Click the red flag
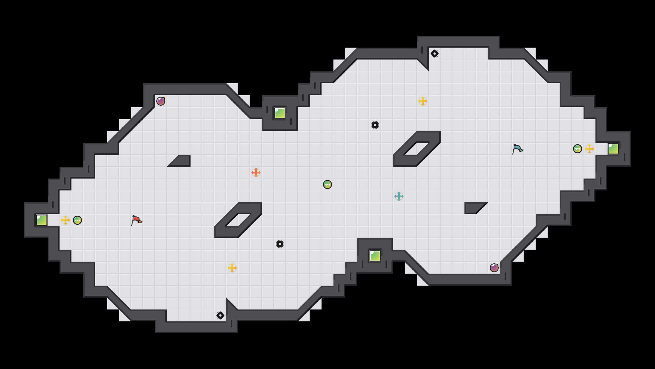pos(136,220)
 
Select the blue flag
pos(517,149)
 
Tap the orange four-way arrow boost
pos(256,173)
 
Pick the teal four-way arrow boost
pos(399,196)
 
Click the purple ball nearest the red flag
pos(161,101)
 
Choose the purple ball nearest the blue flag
pos(494,268)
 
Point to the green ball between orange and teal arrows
pos(327,185)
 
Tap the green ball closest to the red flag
pos(77,220)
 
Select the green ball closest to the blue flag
pos(578,149)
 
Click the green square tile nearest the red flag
pos(42,220)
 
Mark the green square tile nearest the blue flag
pos(613,149)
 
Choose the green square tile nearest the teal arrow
pos(375,256)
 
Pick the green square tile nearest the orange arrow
pos(280,113)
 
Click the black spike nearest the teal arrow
pos(375,125)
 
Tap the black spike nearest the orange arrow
pos(280,244)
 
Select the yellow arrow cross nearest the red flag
pos(65,220)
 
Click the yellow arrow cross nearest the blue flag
pos(589,149)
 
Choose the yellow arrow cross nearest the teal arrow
pos(423,101)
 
